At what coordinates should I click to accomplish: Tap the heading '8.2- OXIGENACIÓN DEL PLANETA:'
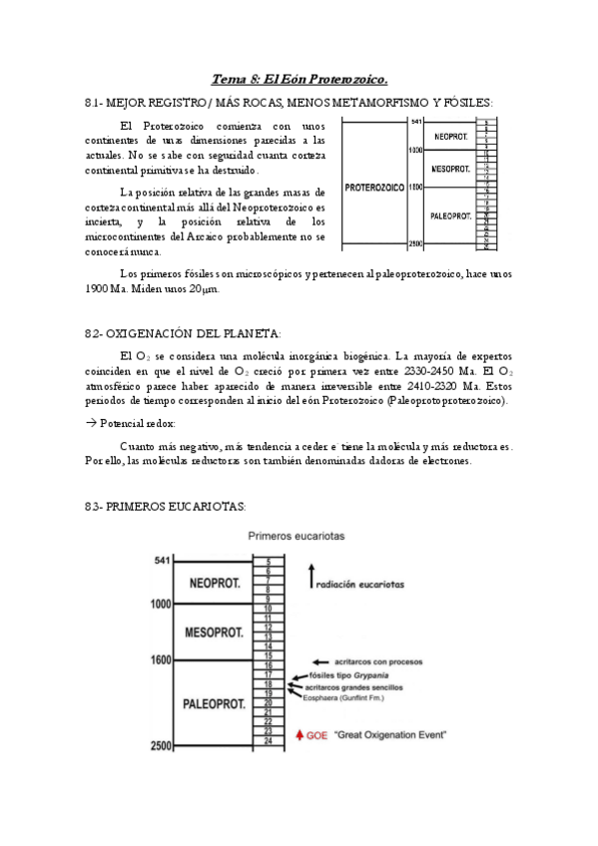tap(184, 333)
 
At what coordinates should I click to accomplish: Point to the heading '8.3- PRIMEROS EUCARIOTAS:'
tap(166, 507)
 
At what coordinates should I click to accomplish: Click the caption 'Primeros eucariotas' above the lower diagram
tap(297, 536)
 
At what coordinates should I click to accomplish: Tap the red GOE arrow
tap(301, 735)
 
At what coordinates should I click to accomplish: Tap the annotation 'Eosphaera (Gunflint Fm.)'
tap(355, 698)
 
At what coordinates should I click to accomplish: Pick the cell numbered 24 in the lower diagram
tap(268, 739)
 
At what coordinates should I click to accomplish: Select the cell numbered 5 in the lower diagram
tap(268, 561)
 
